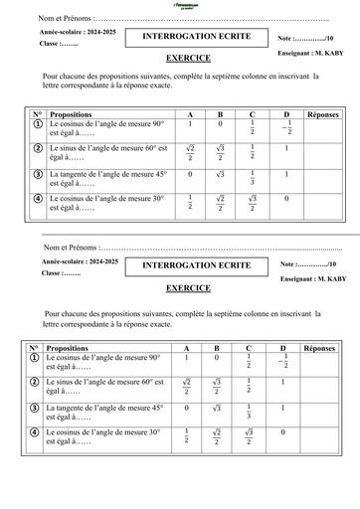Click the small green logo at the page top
point(183,6)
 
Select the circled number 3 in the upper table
point(37,176)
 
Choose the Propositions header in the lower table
point(71,349)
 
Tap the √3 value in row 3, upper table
point(220,174)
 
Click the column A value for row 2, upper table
point(189,151)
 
